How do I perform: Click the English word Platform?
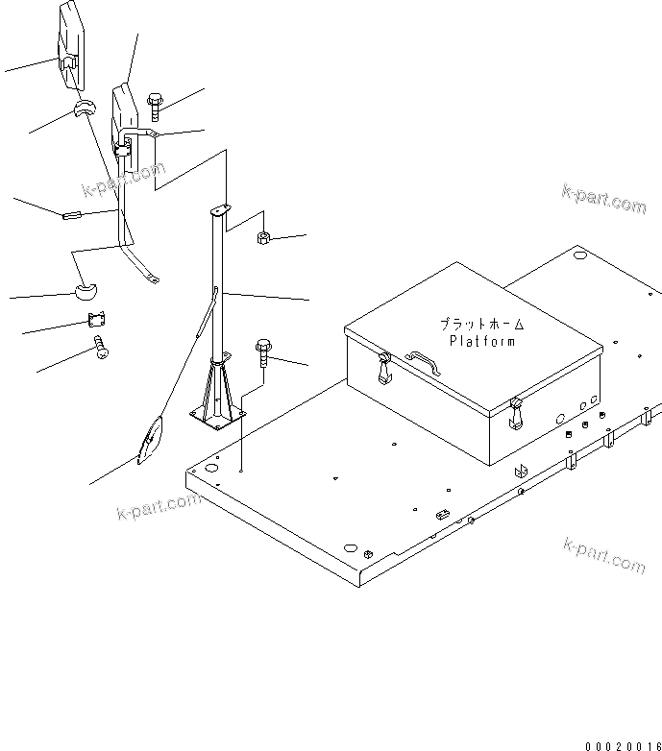click(x=481, y=340)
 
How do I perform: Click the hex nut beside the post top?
click(x=263, y=238)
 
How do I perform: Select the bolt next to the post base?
click(x=263, y=352)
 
